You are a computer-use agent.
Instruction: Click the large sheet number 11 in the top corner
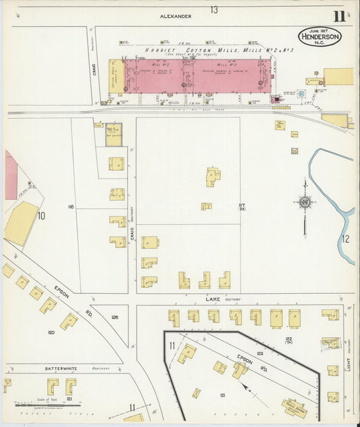[338, 16]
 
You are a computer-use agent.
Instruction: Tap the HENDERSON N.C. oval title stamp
[320, 38]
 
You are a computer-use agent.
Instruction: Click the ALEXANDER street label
[176, 16]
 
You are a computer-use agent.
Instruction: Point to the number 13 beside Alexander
[213, 9]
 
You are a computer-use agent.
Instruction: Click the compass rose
[305, 201]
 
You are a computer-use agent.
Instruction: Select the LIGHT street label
[349, 361]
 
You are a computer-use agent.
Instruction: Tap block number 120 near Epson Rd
[51, 332]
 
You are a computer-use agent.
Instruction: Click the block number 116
[70, 207]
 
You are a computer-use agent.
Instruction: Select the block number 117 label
[241, 206]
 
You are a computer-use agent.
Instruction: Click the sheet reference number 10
[41, 216]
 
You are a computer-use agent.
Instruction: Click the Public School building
[294, 407]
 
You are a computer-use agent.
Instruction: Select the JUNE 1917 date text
[320, 30]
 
